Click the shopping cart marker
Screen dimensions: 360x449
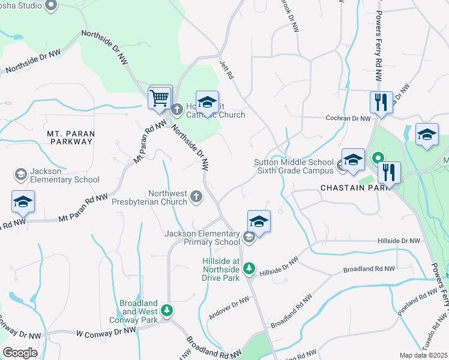160,98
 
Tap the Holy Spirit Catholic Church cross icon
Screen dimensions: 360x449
177,109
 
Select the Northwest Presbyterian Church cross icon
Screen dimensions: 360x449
196,196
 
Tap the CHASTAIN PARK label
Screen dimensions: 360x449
348,188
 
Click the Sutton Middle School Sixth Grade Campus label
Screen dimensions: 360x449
293,166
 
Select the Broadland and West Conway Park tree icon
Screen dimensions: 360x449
169,310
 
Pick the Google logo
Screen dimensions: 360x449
20,352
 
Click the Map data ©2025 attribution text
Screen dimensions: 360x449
423,355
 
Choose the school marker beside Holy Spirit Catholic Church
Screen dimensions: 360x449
207,104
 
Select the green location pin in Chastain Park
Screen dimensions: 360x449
379,159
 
